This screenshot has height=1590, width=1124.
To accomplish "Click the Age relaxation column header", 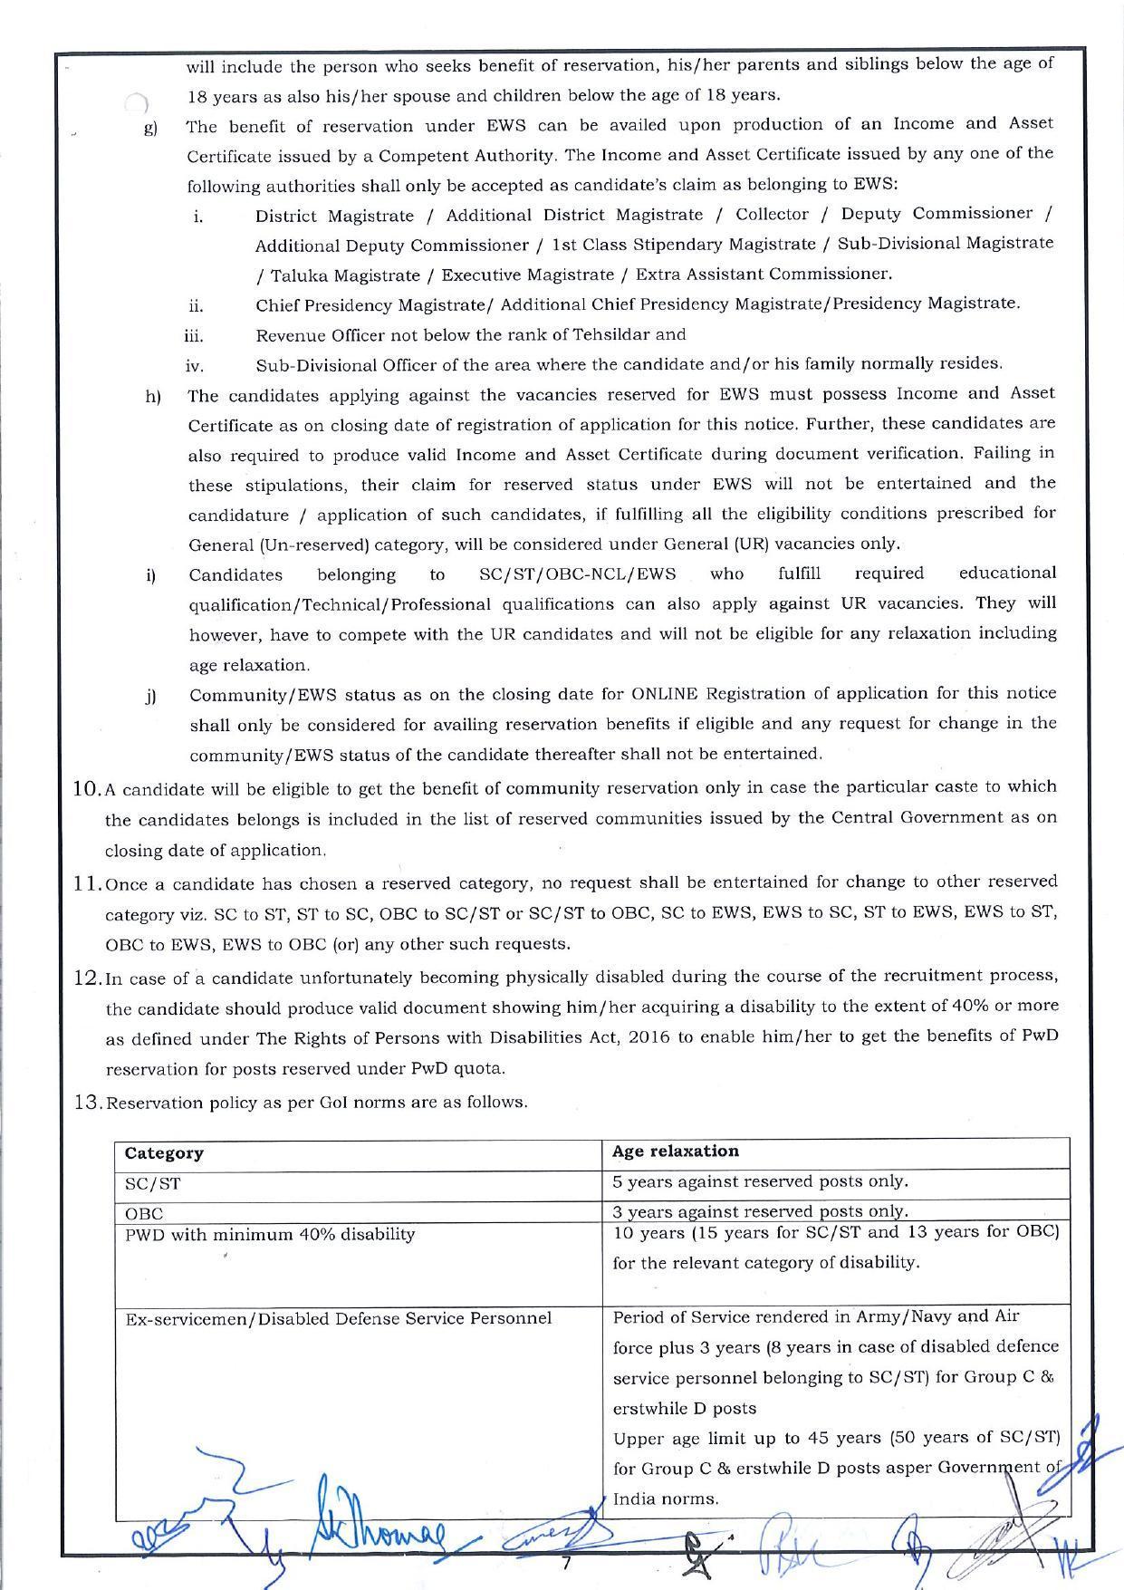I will [675, 1152].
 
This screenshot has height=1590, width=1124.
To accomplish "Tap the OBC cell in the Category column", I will [144, 1213].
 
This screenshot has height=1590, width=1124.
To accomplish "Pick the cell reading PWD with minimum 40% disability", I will [270, 1234].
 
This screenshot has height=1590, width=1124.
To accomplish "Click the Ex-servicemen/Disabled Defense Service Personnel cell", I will [338, 1318].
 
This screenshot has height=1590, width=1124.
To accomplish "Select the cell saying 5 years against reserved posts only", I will [760, 1181].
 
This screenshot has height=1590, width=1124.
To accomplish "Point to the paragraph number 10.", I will [87, 788].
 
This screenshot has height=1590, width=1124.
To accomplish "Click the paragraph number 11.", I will [87, 883].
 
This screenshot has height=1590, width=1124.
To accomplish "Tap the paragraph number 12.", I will [87, 978].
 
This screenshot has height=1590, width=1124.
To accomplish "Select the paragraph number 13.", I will [87, 1103].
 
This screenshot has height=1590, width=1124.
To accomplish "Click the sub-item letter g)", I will [151, 128].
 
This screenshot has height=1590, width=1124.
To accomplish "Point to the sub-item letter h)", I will [152, 397].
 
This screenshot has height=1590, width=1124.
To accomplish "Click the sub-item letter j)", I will [151, 696].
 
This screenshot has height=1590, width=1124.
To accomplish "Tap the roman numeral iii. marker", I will [193, 336].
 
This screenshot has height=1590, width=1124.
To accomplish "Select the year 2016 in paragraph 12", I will [649, 1037].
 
